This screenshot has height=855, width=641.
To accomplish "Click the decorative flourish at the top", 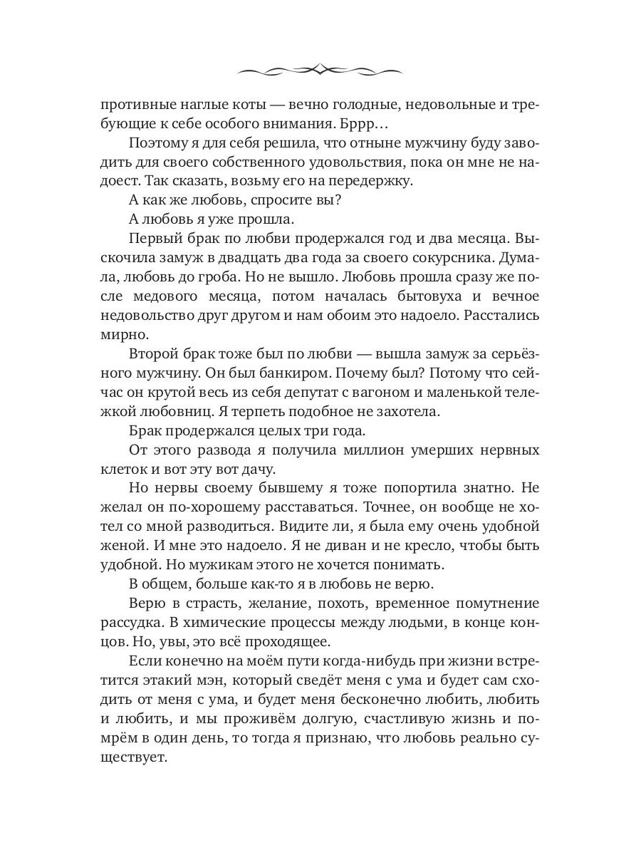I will pyautogui.click(x=320, y=70).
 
